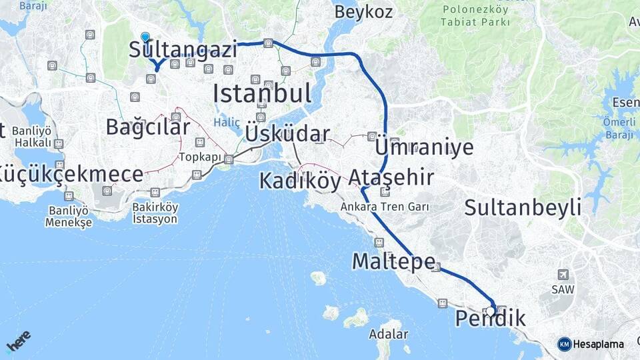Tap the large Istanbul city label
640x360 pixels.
point(262,93)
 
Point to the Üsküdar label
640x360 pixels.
point(287,133)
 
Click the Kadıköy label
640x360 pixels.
point(299,181)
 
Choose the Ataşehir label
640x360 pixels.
point(391,177)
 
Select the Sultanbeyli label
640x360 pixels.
point(523,207)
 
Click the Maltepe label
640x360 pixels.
point(393,261)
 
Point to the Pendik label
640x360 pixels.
point(490,319)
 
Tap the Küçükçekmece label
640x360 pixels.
point(70,175)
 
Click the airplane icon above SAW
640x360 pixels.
point(563,275)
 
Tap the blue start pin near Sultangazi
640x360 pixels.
point(145,37)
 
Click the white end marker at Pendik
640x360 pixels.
point(491,311)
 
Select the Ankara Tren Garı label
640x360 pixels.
point(385,207)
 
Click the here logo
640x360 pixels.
point(18,341)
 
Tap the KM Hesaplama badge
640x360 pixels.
point(591,344)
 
